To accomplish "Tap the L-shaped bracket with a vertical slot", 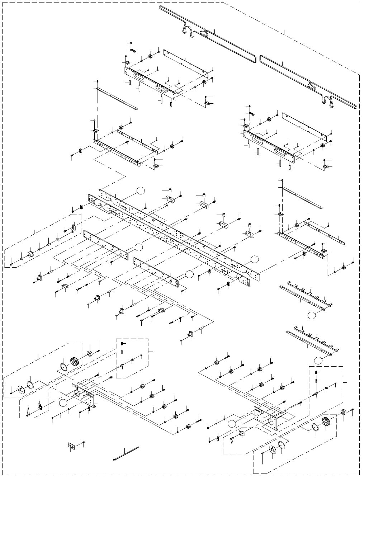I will click(74, 229).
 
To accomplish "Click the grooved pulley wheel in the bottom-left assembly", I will click(75, 361).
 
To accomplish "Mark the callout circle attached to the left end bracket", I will click(63, 402).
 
